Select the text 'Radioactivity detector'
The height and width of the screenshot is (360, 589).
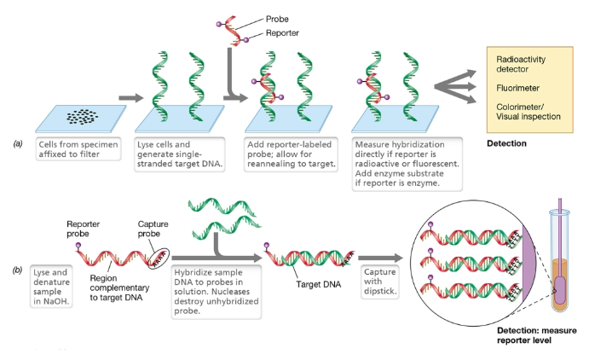click(x=522, y=65)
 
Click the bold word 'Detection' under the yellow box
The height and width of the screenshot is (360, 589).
click(x=505, y=144)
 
